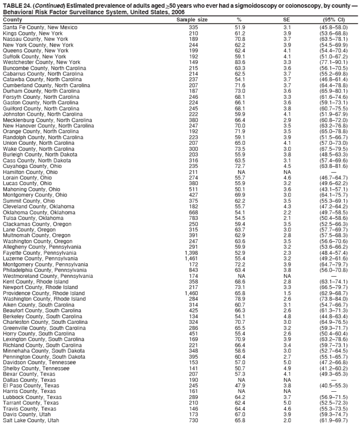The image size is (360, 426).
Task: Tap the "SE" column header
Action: tap(287, 20)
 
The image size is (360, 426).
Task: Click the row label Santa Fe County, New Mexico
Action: tap(40, 27)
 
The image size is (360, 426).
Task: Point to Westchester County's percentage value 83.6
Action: tap(240, 62)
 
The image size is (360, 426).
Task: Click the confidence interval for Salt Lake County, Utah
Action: tap(334, 419)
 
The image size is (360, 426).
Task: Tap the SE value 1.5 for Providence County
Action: tap(287, 292)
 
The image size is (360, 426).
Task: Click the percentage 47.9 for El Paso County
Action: tap(240, 386)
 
